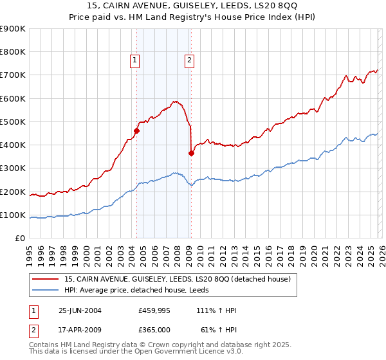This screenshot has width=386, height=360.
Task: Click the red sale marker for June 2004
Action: tap(136, 131)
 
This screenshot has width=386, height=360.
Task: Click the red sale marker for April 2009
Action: tap(191, 153)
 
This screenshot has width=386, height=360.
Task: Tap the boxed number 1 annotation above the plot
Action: tap(135, 61)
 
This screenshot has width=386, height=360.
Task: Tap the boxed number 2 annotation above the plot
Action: tap(190, 61)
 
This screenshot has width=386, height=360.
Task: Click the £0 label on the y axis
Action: tap(19, 238)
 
